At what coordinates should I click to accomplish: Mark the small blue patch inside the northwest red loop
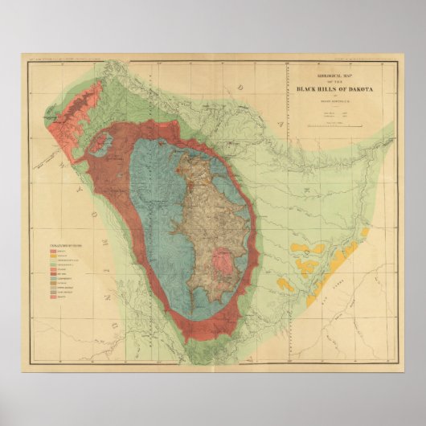[x=102, y=145]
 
